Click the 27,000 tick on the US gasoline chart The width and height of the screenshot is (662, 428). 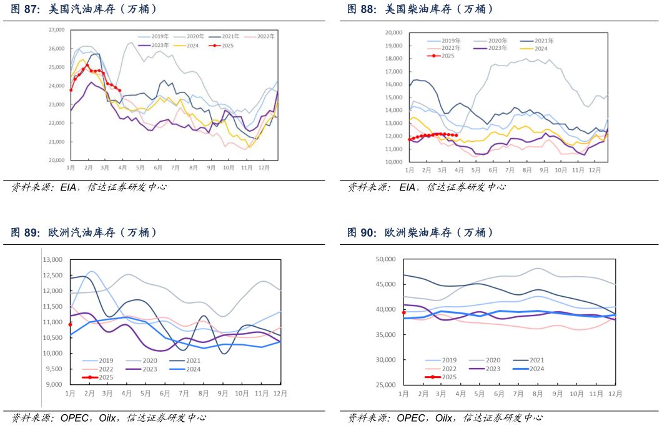click(56, 30)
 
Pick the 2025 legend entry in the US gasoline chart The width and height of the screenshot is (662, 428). click(222, 45)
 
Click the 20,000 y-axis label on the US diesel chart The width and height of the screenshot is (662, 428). click(393, 32)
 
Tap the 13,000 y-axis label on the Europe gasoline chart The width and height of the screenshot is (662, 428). click(52, 260)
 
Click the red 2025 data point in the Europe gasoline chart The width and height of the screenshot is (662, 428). click(70, 324)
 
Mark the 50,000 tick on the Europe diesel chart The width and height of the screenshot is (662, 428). click(386, 259)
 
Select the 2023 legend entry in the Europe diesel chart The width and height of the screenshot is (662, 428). click(488, 369)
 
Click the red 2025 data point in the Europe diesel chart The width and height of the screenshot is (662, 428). click(403, 312)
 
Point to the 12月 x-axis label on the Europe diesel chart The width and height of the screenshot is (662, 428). click(615, 394)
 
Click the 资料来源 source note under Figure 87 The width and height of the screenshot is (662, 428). click(35, 187)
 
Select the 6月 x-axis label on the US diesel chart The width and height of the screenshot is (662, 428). click(493, 170)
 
